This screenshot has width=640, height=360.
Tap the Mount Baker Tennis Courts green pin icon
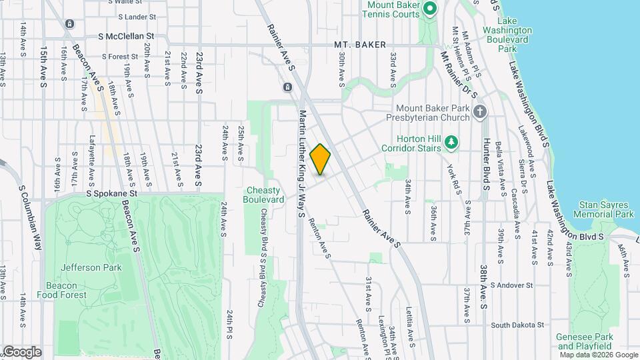pos(430,9)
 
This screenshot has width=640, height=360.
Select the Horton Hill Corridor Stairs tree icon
pos(452,142)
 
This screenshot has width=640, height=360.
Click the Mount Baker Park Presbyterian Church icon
pos(480,112)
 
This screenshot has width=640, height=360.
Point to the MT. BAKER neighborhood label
pos(360,45)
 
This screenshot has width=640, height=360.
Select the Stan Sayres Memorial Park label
pos(606,209)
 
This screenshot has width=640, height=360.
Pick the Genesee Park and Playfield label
pos(584,341)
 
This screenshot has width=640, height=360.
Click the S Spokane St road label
pos(111,193)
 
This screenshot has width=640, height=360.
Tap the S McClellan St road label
pos(126,35)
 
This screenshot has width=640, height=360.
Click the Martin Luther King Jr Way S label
pos(302,164)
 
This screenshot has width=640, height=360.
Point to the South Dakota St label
pos(517,325)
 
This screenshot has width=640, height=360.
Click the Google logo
pos(22,351)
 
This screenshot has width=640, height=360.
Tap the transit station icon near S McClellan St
pos(69,25)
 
